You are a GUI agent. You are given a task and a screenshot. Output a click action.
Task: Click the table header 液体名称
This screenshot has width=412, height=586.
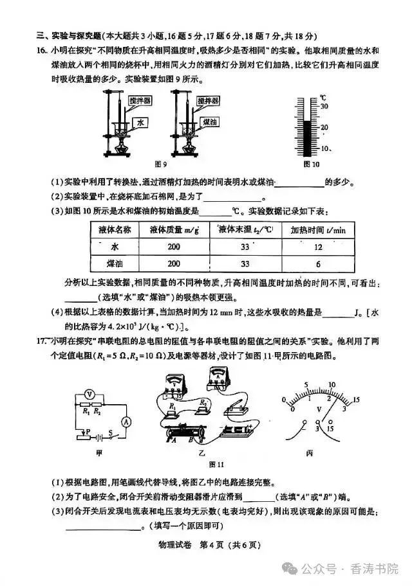coord(114,229)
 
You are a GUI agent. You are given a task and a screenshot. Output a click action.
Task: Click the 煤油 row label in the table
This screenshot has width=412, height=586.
coord(115,264)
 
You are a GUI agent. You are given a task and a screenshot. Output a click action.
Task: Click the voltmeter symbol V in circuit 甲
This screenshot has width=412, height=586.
coord(91,393)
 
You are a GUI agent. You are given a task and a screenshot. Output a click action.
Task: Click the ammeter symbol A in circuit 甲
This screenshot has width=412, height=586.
coord(127,421)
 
